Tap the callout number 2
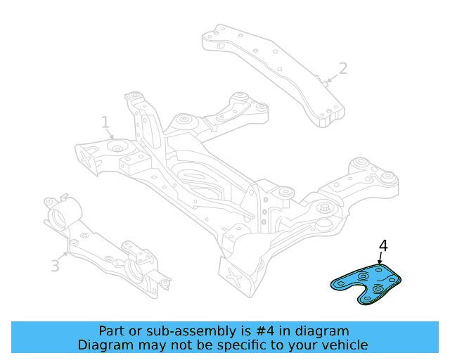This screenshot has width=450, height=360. click(342, 68)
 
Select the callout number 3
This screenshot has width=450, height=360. click(55, 265)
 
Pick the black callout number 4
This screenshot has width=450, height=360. click(383, 245)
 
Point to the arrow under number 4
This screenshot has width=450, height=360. click(380, 259)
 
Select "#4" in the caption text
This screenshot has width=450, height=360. click(264, 330)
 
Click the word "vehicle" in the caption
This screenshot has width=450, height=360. click(345, 345)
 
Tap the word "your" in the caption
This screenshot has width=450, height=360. click(302, 345)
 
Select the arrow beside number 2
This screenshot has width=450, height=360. click(331, 78)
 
